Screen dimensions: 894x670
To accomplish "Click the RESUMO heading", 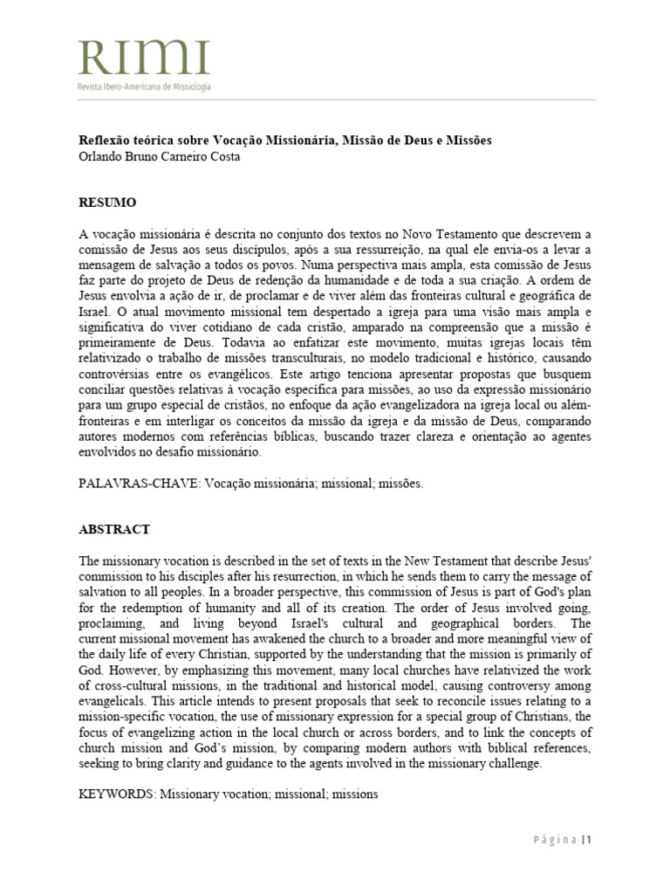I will (107, 202).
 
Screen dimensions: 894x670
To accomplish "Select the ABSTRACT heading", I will (114, 529).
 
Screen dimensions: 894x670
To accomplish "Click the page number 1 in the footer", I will (590, 840).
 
